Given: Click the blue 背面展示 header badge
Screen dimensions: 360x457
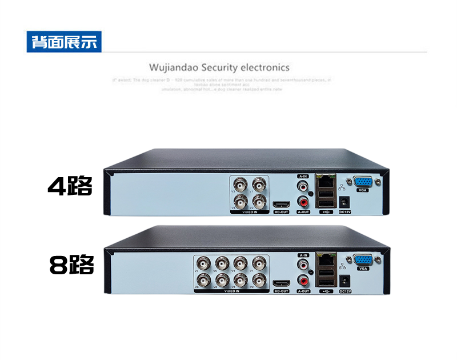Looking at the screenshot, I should point(64,42).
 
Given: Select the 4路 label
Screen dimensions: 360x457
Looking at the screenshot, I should point(70,186).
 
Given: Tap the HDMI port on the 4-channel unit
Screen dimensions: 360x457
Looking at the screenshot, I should point(281,205).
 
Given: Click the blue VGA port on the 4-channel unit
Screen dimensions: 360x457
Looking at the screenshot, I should point(362,182).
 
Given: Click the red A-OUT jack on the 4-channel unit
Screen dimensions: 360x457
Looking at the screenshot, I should point(303,201).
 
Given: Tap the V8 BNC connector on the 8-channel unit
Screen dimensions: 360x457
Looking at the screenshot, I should point(203,280).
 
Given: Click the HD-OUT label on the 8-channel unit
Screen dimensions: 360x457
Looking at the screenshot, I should point(281,291).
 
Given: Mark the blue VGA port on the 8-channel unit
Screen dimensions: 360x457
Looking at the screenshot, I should point(362,260).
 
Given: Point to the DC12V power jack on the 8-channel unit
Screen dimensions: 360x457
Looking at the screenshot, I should point(345,281).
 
